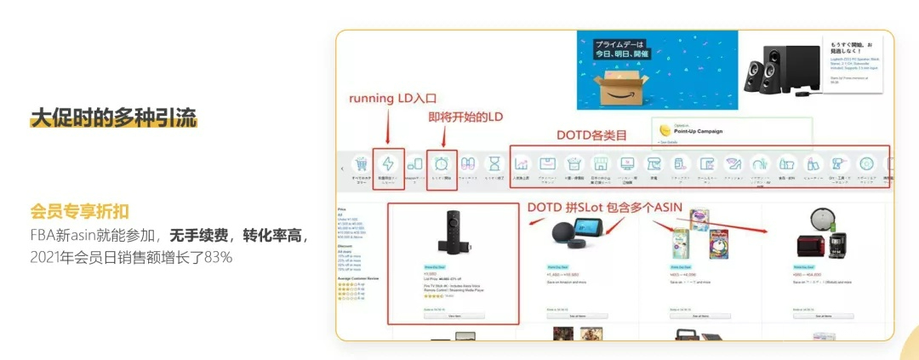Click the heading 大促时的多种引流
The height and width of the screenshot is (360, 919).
(113, 117)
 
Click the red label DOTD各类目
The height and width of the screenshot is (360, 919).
(592, 134)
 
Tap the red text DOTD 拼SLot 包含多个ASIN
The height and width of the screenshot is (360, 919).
(606, 206)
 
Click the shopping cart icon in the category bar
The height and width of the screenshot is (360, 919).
(361, 163)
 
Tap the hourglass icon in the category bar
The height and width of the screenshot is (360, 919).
(493, 163)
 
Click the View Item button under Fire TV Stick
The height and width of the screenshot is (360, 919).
(454, 315)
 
